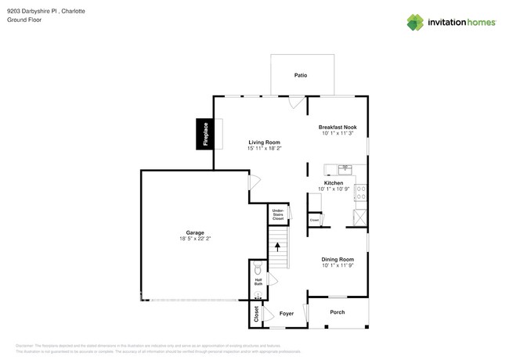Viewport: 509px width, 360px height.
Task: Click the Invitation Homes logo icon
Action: (416, 22)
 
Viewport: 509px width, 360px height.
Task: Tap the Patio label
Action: (301, 75)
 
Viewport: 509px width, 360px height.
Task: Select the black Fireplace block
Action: (204, 134)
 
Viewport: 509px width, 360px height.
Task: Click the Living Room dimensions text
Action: (265, 148)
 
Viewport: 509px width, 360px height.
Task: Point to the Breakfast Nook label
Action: (337, 128)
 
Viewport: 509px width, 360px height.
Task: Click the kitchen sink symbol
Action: (345, 168)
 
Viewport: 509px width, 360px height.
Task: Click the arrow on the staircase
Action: (277, 247)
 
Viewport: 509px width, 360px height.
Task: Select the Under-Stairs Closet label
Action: (278, 214)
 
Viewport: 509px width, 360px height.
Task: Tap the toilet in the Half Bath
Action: (258, 266)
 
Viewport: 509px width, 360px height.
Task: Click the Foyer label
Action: (287, 314)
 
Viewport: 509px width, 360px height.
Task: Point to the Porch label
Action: (337, 312)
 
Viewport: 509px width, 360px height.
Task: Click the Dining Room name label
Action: (338, 259)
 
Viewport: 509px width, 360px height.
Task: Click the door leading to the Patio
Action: (295, 102)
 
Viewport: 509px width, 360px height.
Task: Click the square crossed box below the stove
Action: (360, 217)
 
